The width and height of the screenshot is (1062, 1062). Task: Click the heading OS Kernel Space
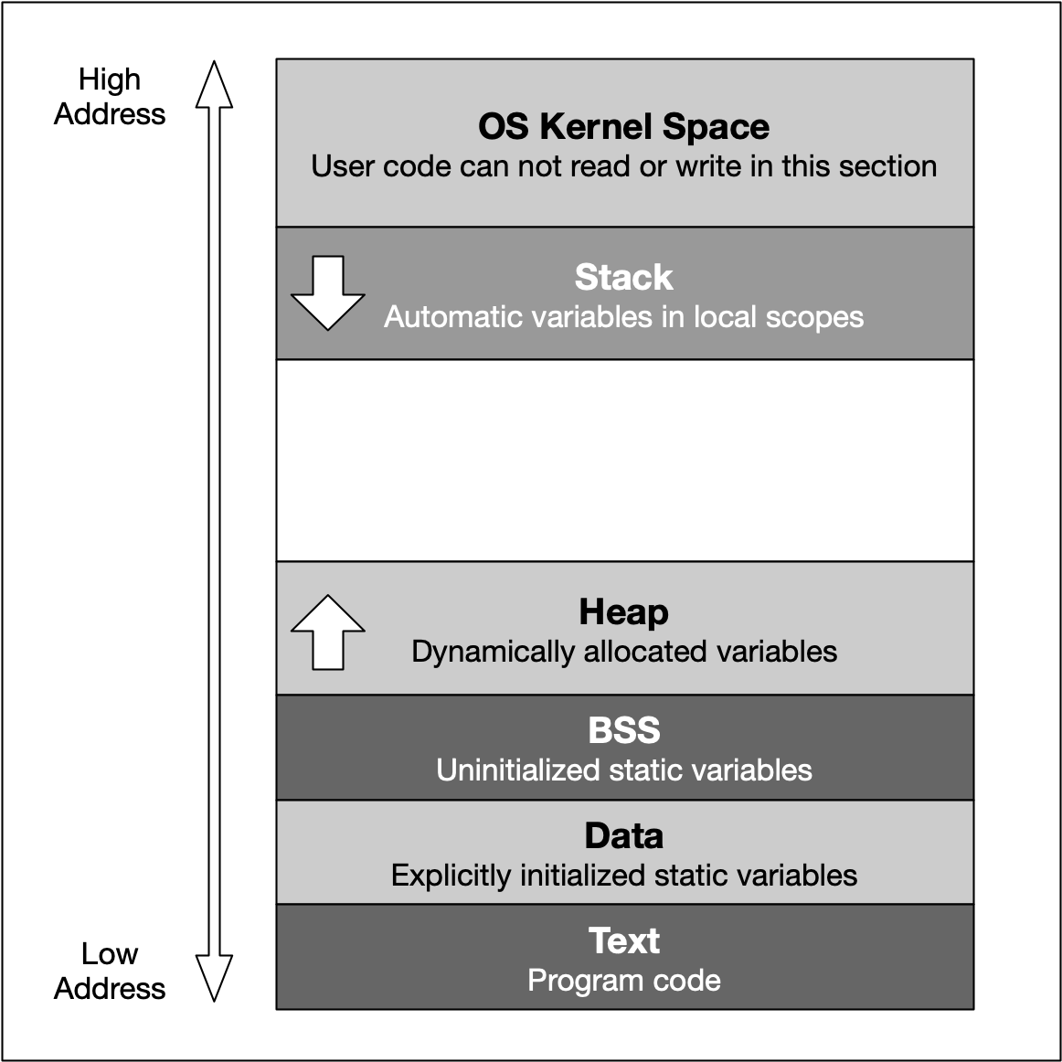623,126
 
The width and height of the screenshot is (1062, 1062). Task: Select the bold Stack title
623,277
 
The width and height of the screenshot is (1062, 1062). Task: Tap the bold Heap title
623,611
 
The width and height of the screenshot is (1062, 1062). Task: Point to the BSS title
623,730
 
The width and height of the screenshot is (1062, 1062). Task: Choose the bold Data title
623,835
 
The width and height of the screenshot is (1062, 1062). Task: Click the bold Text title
623,940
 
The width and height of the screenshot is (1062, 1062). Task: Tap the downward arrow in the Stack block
327,292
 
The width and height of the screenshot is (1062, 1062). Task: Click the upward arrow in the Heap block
327,632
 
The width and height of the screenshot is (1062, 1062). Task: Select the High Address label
110,97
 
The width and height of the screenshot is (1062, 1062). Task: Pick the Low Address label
110,971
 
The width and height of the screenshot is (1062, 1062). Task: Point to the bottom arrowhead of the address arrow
214,978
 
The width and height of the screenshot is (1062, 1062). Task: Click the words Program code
623,981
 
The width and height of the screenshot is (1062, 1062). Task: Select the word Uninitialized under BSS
515,770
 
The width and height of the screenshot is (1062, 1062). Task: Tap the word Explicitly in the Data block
451,876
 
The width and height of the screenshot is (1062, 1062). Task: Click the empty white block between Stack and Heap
624,460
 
